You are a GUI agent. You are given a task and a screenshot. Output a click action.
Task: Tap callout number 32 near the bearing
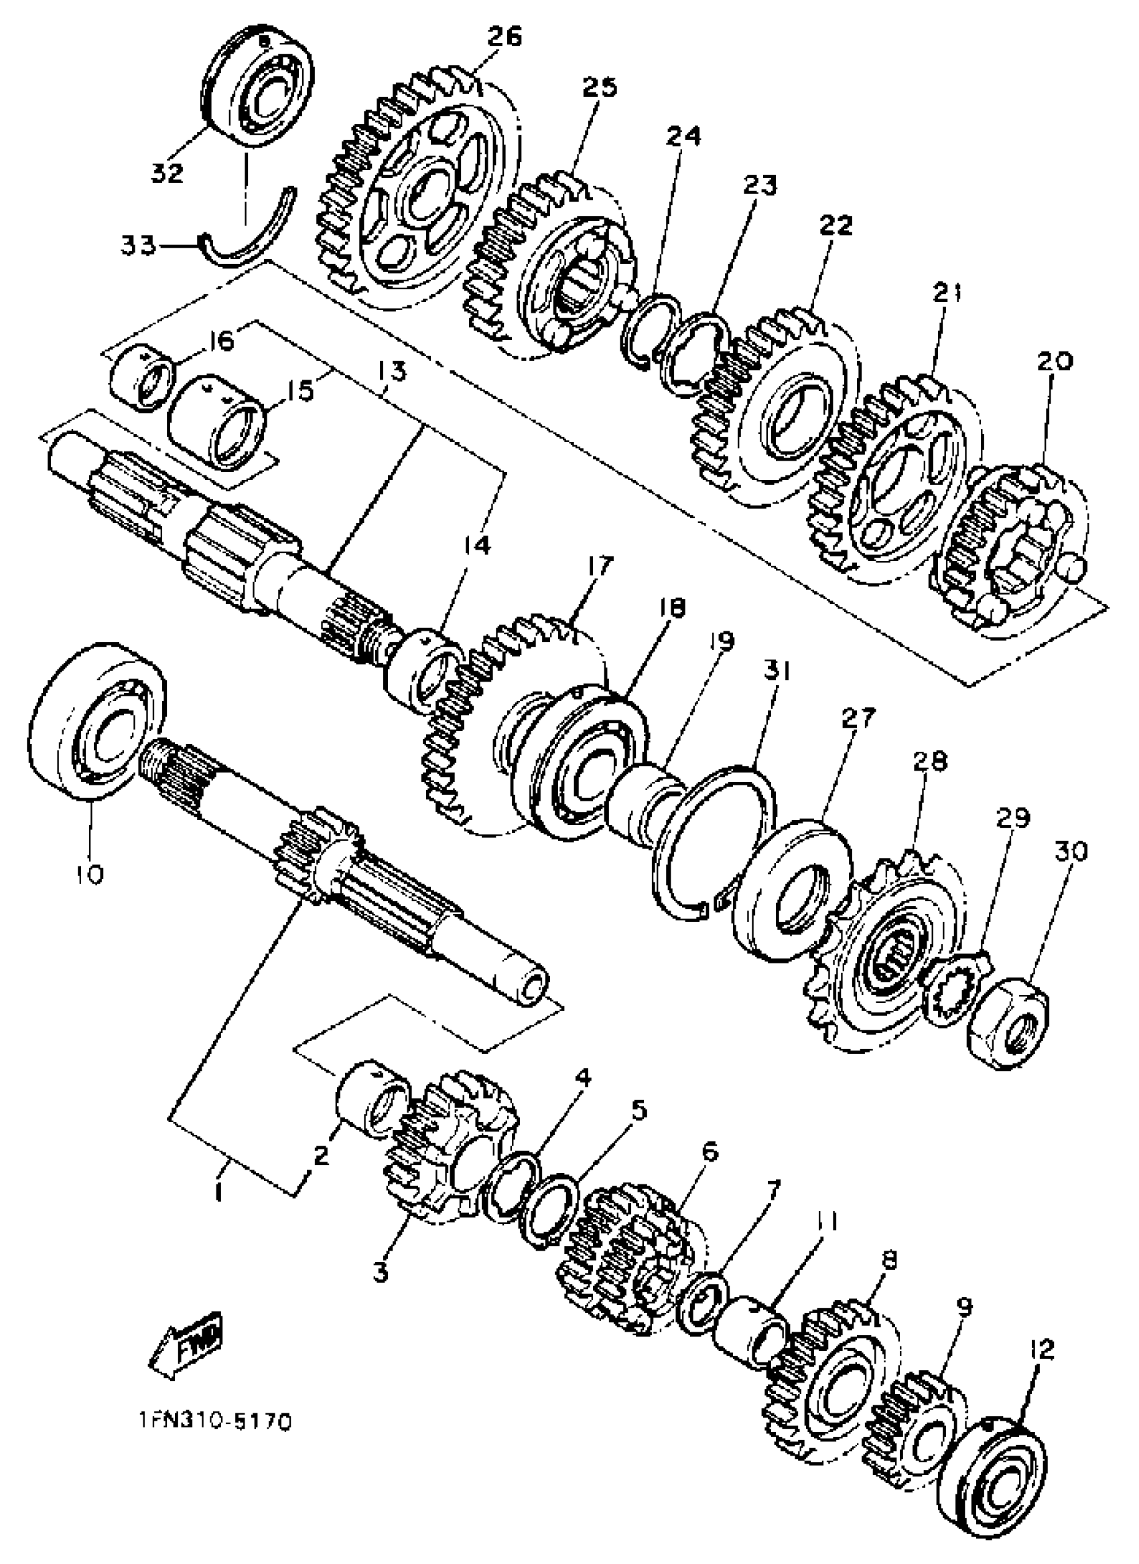point(167,171)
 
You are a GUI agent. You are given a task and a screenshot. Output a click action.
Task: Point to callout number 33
point(139,245)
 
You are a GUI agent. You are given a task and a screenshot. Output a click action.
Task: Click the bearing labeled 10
point(96,720)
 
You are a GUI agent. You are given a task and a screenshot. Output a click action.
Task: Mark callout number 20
point(1055,362)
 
